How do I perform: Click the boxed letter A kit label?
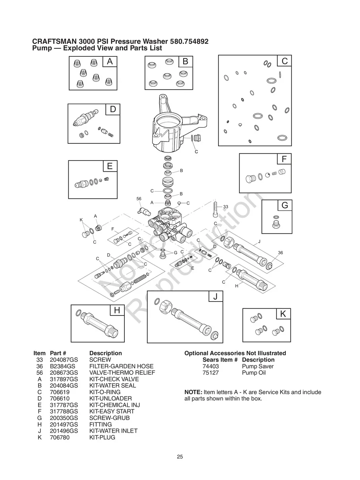(110, 62)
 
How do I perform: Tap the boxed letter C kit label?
(285, 61)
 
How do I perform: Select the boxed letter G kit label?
(285, 205)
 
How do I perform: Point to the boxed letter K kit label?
(283, 314)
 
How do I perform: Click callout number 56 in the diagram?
(139, 199)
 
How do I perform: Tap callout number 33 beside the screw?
(225, 207)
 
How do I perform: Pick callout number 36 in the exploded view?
(280, 253)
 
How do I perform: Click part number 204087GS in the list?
(64, 360)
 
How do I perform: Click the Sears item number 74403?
(211, 366)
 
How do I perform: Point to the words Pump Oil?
(254, 373)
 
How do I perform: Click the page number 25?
(180, 457)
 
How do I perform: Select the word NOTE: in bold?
(194, 392)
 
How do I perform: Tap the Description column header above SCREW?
(105, 353)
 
